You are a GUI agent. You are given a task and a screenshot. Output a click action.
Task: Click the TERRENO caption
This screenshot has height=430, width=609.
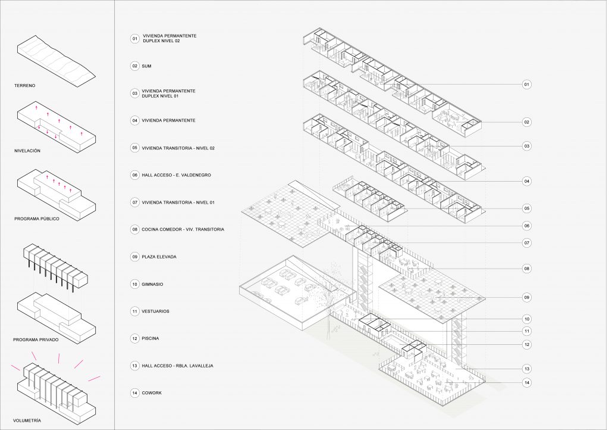tap(24, 86)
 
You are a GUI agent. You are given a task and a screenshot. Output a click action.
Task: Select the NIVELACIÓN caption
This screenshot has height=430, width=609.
tap(27, 151)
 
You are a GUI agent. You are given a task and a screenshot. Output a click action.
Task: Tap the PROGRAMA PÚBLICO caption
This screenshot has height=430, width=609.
tap(37, 219)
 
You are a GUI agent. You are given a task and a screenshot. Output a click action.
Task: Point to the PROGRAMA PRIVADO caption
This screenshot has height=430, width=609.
tap(36, 340)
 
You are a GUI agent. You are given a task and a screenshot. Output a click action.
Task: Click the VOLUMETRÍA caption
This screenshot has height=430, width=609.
tap(27, 420)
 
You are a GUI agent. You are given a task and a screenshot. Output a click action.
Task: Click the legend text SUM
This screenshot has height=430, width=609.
tap(146, 66)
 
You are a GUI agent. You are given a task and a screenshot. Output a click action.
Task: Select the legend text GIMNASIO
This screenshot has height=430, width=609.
tap(152, 284)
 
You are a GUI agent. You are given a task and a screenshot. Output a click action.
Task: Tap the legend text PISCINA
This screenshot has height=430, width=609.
tap(150, 338)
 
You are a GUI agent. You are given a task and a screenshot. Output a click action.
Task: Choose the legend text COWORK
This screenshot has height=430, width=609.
tap(152, 393)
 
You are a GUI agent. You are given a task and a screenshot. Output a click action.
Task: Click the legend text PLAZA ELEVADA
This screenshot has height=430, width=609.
tap(159, 257)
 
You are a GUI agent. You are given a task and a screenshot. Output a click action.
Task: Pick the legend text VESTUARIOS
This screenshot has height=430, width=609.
tap(155, 311)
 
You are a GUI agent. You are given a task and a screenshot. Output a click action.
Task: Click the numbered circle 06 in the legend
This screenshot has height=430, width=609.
tap(135, 175)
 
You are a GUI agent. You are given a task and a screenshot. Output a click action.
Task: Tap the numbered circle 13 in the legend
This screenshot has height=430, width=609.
tap(135, 366)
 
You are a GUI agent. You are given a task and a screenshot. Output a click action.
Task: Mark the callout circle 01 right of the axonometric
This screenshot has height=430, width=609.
tap(527, 85)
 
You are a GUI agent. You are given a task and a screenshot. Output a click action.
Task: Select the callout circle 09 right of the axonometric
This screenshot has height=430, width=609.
tap(527, 297)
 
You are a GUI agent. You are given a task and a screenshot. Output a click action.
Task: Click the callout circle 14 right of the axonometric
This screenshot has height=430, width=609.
tap(527, 382)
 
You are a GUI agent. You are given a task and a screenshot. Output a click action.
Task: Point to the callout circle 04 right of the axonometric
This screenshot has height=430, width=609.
tap(527, 181)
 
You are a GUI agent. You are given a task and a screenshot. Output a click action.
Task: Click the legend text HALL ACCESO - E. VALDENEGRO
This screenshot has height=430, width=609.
tap(176, 175)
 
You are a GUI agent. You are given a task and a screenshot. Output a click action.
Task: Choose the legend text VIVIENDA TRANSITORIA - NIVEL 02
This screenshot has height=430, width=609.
tap(178, 148)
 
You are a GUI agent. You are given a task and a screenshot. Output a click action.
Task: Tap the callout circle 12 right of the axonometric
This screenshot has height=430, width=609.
tap(527, 344)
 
